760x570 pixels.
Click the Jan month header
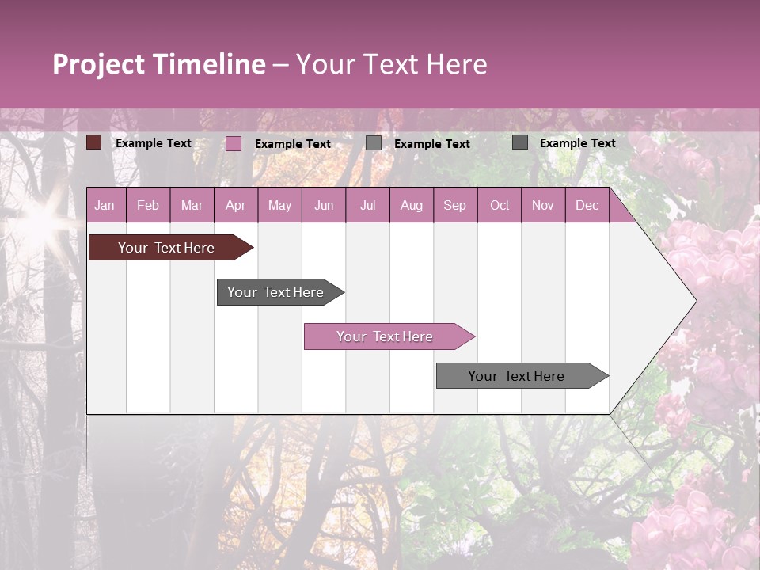click(x=104, y=205)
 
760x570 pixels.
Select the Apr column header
click(x=235, y=205)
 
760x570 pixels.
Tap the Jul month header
click(x=367, y=205)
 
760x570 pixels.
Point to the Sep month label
click(x=454, y=205)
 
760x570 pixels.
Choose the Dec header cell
click(x=587, y=205)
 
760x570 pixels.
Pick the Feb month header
click(x=148, y=205)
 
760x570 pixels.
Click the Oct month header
click(x=500, y=205)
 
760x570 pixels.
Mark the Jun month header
click(x=324, y=205)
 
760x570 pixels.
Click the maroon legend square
click(x=94, y=142)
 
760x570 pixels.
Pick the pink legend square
click(x=234, y=143)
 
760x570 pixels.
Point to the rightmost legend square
click(x=520, y=142)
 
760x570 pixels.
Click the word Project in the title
click(x=99, y=64)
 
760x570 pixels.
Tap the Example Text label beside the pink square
click(x=293, y=143)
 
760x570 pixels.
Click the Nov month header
click(x=543, y=205)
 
